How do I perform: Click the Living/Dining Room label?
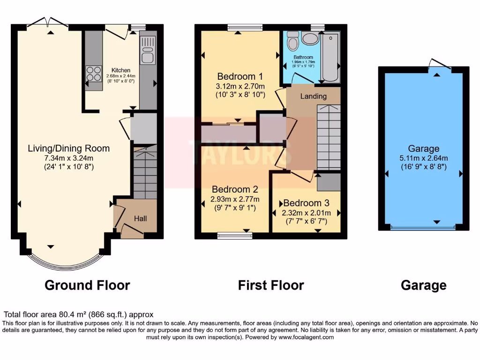(x=69, y=149)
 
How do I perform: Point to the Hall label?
(x=141, y=218)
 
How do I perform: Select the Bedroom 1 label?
(x=240, y=76)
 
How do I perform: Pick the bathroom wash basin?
(x=310, y=38)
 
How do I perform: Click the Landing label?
(x=314, y=96)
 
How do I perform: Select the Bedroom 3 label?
(x=307, y=203)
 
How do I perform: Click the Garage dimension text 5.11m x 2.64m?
(x=424, y=157)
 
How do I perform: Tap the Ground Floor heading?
(x=87, y=285)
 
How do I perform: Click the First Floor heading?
(x=271, y=285)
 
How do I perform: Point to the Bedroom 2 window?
(x=235, y=235)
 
